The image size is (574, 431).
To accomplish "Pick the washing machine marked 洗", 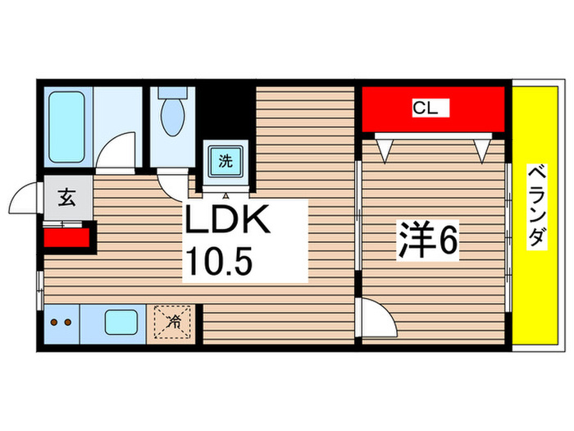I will (x=225, y=160).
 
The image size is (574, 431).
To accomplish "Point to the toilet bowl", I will (x=173, y=115).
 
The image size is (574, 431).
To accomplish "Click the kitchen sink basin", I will (x=120, y=322).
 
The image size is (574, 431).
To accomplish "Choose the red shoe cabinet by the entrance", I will (x=66, y=238).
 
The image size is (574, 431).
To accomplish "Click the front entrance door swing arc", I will (x=23, y=199).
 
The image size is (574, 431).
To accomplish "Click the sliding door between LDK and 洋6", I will (x=358, y=214).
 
